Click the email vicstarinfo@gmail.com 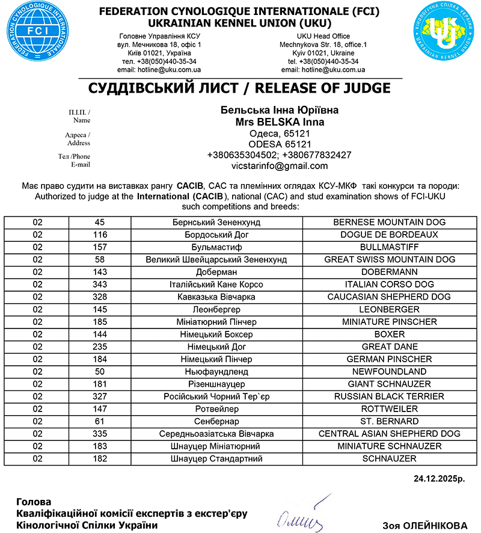(280, 166)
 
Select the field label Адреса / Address (78, 139)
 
